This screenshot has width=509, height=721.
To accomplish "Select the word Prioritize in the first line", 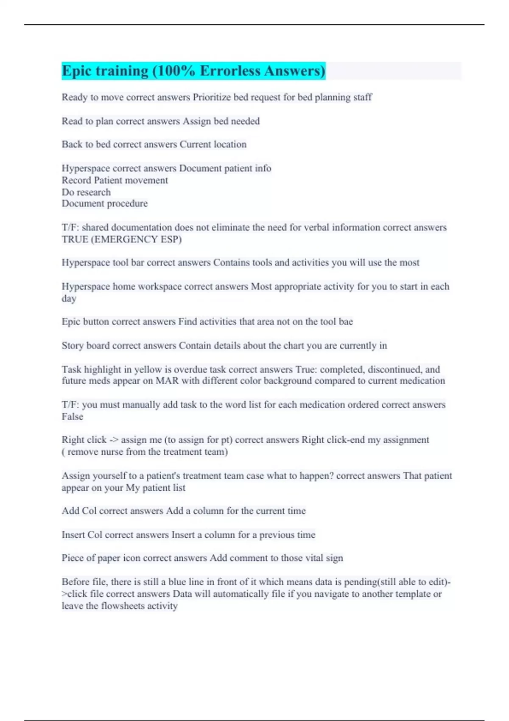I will tap(212, 97).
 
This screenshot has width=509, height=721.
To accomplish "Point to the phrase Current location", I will tap(213, 144).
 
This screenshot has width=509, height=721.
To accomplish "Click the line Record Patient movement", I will tap(115, 180).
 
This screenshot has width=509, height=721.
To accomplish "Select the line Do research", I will tap(86, 192).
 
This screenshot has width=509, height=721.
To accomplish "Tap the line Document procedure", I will tap(104, 204).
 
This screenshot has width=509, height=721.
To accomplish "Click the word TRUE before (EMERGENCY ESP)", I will tap(75, 239).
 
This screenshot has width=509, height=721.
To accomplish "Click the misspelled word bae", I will tap(346, 321).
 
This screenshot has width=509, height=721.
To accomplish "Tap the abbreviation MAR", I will tap(167, 381).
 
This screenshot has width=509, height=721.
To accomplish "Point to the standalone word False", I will tap(72, 416).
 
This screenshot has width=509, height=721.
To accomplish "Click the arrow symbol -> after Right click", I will tap(114, 440).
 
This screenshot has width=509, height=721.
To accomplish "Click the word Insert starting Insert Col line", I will tap(73, 535).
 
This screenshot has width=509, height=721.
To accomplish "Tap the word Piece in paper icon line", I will tap(73, 558).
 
